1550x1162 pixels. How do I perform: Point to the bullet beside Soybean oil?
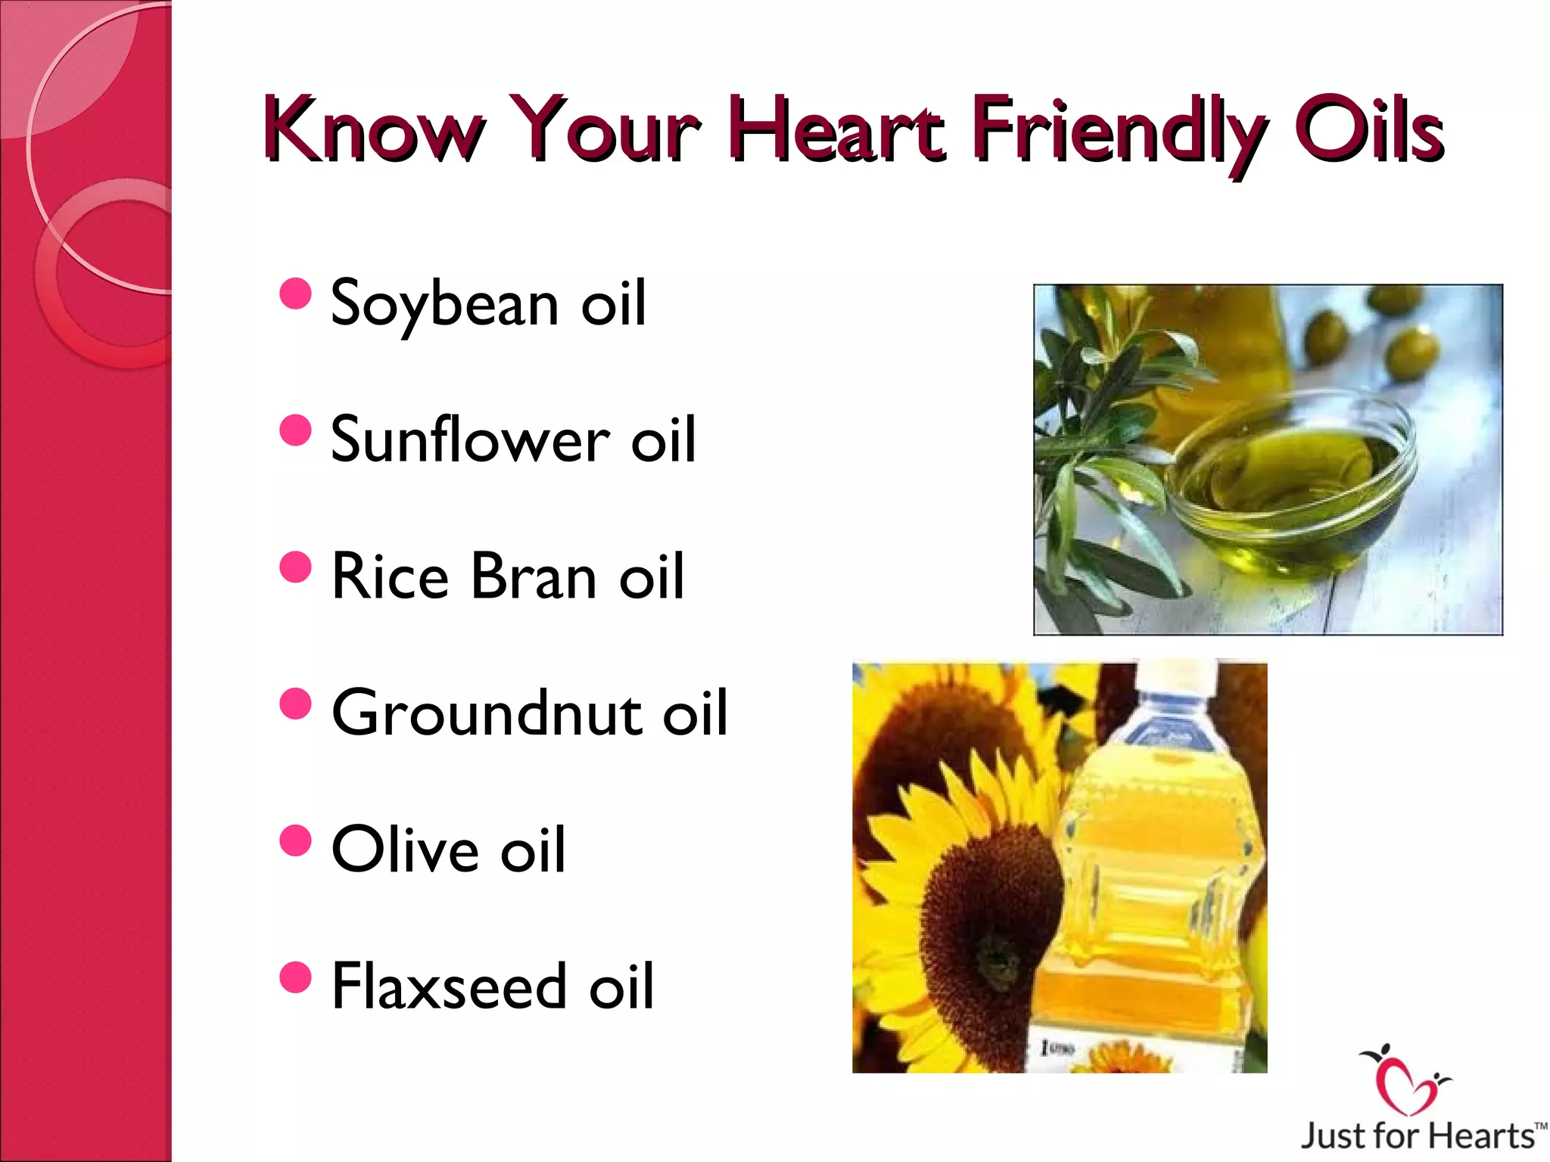coord(295,294)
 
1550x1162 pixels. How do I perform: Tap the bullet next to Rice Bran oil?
coord(295,567)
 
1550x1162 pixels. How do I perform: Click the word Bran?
coord(534,576)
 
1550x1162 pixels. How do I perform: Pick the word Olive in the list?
coord(406,849)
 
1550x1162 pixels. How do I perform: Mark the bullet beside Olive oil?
coord(295,840)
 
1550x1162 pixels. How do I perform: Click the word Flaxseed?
coord(450,985)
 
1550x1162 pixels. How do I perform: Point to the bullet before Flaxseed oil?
coord(295,977)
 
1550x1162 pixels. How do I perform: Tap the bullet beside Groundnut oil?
coord(295,704)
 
